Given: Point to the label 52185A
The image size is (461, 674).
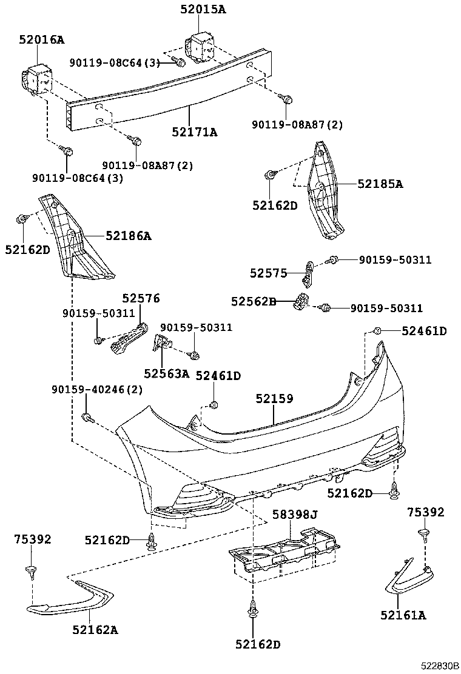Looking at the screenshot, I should click(380, 183).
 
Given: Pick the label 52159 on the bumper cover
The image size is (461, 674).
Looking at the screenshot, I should click(274, 398).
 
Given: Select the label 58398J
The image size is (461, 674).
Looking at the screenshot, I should click(295, 515).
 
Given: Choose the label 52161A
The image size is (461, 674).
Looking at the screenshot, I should click(403, 615).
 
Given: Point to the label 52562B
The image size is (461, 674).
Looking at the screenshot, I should click(254, 301).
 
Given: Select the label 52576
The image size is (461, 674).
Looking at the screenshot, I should click(141, 298).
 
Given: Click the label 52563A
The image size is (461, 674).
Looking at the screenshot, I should click(167, 373).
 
